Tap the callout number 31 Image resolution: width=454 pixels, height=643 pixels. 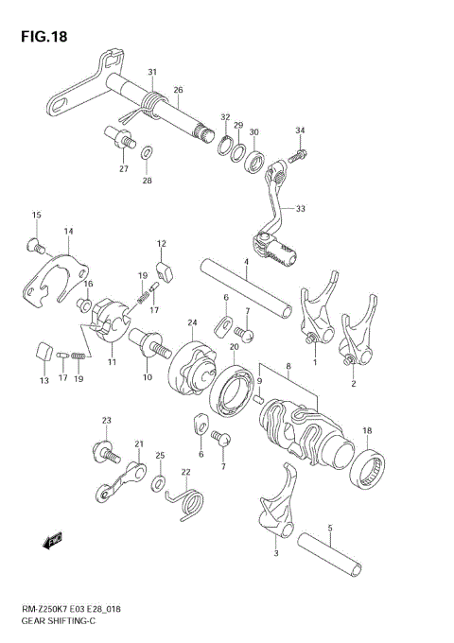tap(152, 72)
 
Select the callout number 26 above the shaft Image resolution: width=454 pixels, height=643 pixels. tap(177, 90)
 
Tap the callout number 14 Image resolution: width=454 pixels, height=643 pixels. tap(68, 231)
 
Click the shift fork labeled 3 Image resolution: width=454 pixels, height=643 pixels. tap(274, 515)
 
